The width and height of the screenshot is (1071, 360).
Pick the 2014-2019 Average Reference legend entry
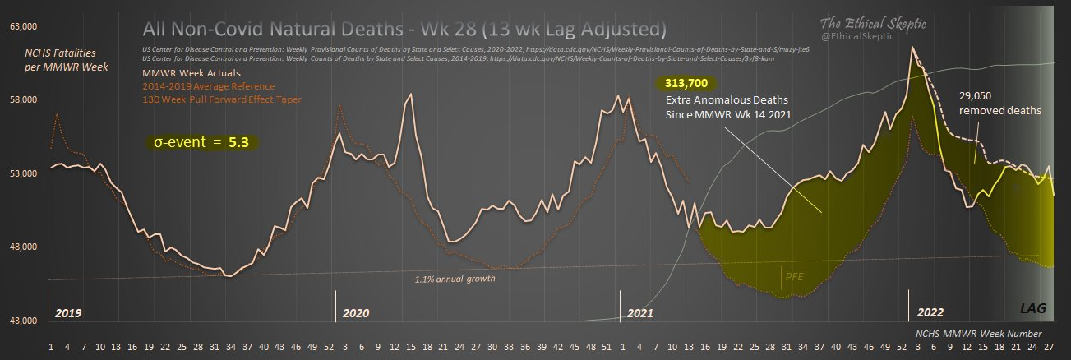point(209,86)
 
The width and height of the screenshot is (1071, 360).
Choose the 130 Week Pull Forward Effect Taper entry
point(222,99)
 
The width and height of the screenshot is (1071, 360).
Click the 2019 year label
point(67,313)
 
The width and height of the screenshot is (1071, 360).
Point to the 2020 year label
point(356,313)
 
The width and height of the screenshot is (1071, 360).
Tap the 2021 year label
point(640,313)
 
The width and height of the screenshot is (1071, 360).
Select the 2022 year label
point(930,313)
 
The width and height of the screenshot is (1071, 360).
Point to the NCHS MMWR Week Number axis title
point(979,334)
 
